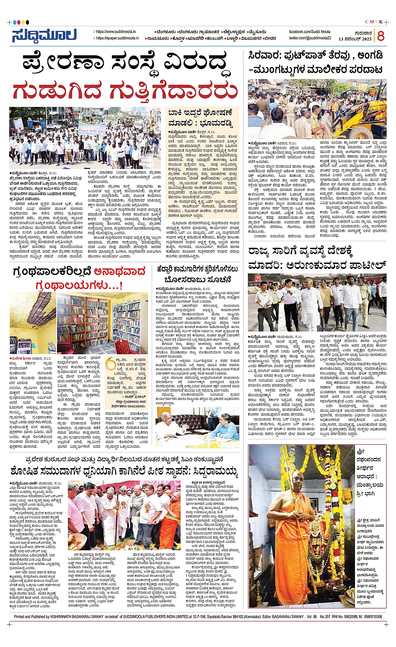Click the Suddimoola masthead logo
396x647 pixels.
click(44, 36)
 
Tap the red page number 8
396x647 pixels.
click(380, 36)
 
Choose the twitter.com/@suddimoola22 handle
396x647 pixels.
click(310, 38)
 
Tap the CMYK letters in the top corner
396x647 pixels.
click(374, 22)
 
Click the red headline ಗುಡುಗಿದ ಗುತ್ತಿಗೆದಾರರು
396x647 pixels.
click(125, 91)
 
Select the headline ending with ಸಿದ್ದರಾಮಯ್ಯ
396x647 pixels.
click(124, 470)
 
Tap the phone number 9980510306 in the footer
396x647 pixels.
click(369, 616)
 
